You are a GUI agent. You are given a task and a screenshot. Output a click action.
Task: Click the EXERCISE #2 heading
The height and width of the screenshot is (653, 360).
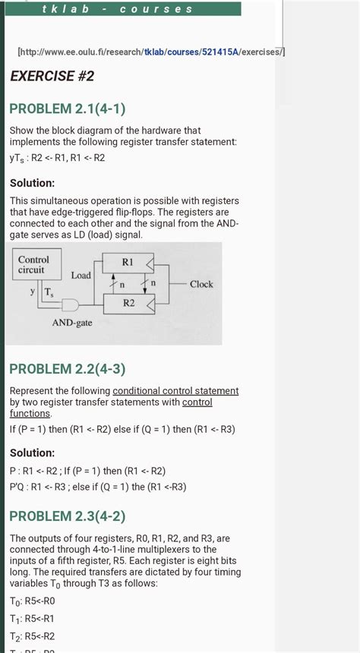point(52,76)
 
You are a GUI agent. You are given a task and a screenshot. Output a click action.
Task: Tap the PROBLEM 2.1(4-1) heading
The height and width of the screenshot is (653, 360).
point(68,109)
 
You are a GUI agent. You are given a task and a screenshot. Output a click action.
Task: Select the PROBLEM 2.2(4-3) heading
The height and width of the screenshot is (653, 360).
point(68,370)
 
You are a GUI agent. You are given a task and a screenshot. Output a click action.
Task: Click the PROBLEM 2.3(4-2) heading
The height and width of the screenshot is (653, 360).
point(68,517)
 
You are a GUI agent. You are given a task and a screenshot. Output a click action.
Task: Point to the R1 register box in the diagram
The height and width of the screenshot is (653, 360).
point(127,263)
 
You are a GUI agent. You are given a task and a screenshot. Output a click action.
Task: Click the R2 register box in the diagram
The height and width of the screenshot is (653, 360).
point(127,304)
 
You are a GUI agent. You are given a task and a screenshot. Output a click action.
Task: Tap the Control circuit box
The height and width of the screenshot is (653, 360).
point(33,265)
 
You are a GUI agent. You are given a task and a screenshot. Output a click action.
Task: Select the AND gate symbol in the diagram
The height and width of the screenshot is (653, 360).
point(71,304)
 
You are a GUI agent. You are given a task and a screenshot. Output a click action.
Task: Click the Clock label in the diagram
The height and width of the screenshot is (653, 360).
point(201,285)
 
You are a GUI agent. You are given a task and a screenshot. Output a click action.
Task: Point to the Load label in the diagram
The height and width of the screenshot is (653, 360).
point(81,276)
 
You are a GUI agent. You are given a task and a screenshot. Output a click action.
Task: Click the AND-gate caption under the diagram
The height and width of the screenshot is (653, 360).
point(72,323)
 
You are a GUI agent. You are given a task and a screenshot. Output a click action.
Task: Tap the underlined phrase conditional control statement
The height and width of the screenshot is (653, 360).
point(175,391)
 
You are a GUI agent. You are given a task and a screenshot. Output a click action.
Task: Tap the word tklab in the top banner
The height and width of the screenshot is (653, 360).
point(65,9)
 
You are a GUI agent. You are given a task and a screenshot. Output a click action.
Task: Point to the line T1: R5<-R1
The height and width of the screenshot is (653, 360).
point(32,619)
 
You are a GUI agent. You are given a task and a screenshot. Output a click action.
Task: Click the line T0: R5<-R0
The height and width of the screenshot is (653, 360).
point(32,601)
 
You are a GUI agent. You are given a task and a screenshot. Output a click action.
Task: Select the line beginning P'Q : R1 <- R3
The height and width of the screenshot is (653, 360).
point(97,487)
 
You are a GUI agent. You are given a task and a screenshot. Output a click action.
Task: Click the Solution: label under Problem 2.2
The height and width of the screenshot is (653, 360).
point(32,453)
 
